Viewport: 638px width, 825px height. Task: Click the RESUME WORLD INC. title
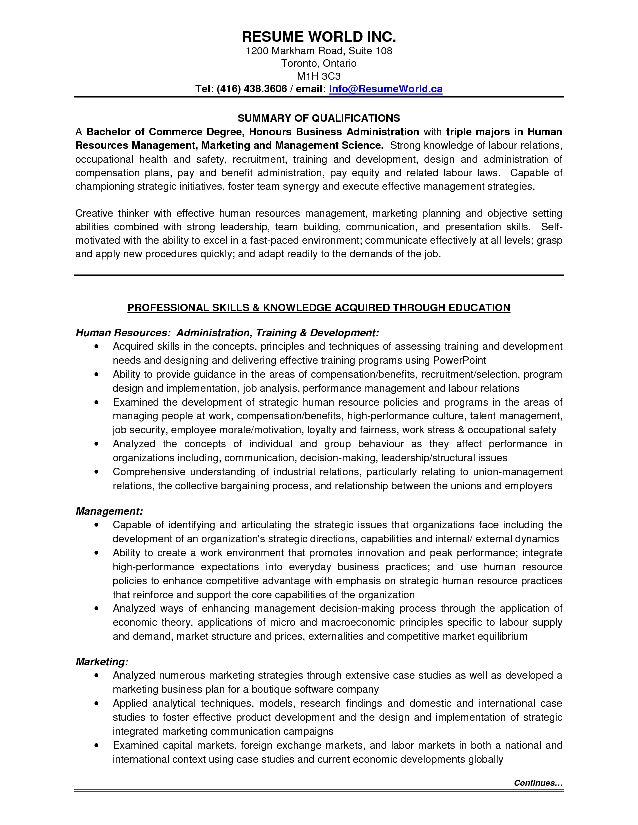click(x=319, y=37)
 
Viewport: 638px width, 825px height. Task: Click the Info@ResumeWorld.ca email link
click(x=385, y=89)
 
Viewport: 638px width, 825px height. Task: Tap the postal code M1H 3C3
click(x=319, y=76)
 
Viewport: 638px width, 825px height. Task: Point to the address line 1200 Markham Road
click(x=319, y=51)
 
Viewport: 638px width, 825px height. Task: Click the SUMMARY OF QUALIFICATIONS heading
click(x=319, y=118)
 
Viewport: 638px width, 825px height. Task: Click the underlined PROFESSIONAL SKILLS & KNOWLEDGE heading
click(x=319, y=308)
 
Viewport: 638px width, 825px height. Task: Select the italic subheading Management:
click(x=109, y=511)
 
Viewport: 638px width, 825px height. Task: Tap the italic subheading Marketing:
click(x=102, y=662)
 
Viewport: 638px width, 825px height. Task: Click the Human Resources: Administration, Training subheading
click(x=227, y=333)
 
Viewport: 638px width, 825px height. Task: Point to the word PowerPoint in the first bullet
click(x=459, y=360)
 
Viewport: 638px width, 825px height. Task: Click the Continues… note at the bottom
click(x=538, y=783)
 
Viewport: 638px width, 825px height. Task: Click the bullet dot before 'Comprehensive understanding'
click(x=96, y=472)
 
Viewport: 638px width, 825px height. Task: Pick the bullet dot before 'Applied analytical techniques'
click(x=96, y=704)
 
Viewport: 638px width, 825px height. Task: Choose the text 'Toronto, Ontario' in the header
click(x=319, y=63)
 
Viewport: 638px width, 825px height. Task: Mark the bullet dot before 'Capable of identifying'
click(x=96, y=525)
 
